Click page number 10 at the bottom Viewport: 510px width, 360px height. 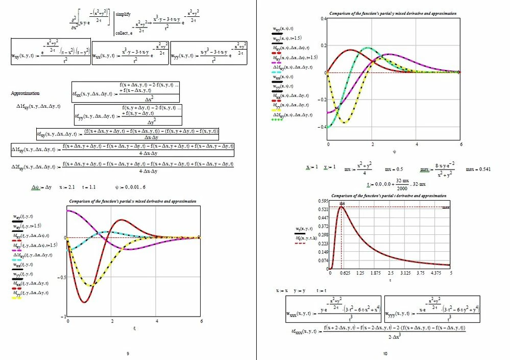tap(385, 353)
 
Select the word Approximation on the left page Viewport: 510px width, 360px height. tap(25, 94)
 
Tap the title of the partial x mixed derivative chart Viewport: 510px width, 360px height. tap(132, 202)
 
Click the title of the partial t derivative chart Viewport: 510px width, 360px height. tap(388, 196)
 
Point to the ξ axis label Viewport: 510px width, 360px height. tap(134, 328)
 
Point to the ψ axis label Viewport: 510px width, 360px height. tap(394, 151)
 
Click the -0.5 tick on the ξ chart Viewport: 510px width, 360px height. tap(61, 277)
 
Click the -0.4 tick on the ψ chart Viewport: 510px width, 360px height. tap(323, 126)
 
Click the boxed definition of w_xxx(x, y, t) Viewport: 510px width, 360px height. tap(334, 309)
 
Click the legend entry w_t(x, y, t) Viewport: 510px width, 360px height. tap(307, 229)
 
